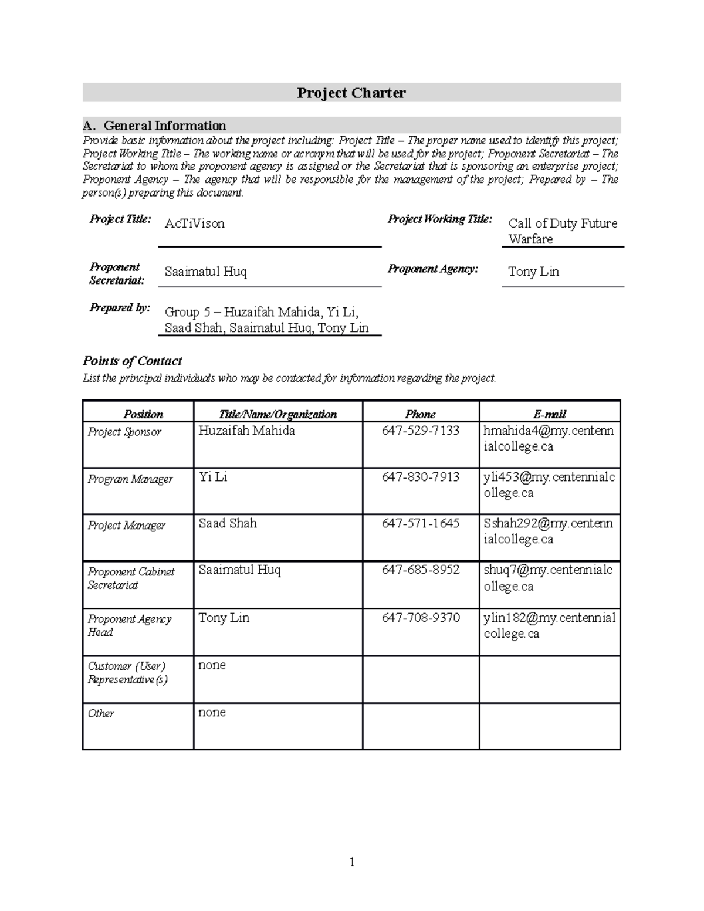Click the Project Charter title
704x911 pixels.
[351, 93]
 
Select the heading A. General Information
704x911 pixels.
[154, 126]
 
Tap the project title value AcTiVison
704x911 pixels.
[194, 223]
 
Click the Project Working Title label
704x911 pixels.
[439, 219]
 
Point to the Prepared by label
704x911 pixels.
[120, 308]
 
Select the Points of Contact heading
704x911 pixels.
[132, 361]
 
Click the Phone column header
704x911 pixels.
[420, 414]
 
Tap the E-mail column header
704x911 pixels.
[550, 414]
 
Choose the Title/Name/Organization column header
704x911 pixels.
[277, 414]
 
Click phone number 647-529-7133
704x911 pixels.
[420, 431]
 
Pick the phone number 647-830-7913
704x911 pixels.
[420, 477]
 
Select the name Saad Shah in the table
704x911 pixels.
[228, 523]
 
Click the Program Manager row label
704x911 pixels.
[130, 479]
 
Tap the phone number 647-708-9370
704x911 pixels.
[420, 618]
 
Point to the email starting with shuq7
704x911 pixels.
[548, 578]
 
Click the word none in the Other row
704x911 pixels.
[212, 712]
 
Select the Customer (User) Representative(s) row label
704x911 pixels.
[127, 673]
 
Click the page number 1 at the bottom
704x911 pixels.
[352, 862]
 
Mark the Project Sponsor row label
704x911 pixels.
[124, 432]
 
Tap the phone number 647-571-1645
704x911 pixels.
[420, 523]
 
